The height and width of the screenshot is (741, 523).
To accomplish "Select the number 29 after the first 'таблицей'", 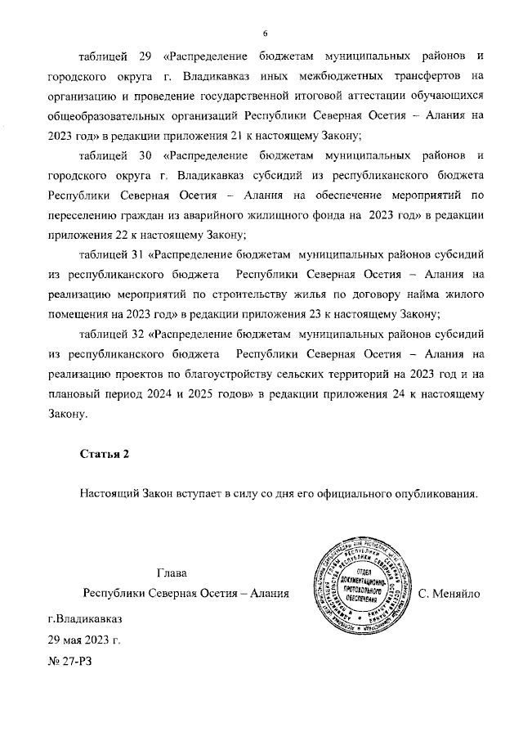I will [145, 56].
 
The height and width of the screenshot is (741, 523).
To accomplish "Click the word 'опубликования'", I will [434, 492].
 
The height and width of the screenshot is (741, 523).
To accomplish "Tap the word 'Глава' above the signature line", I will [171, 572].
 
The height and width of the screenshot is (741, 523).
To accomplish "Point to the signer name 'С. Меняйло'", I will [448, 591].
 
